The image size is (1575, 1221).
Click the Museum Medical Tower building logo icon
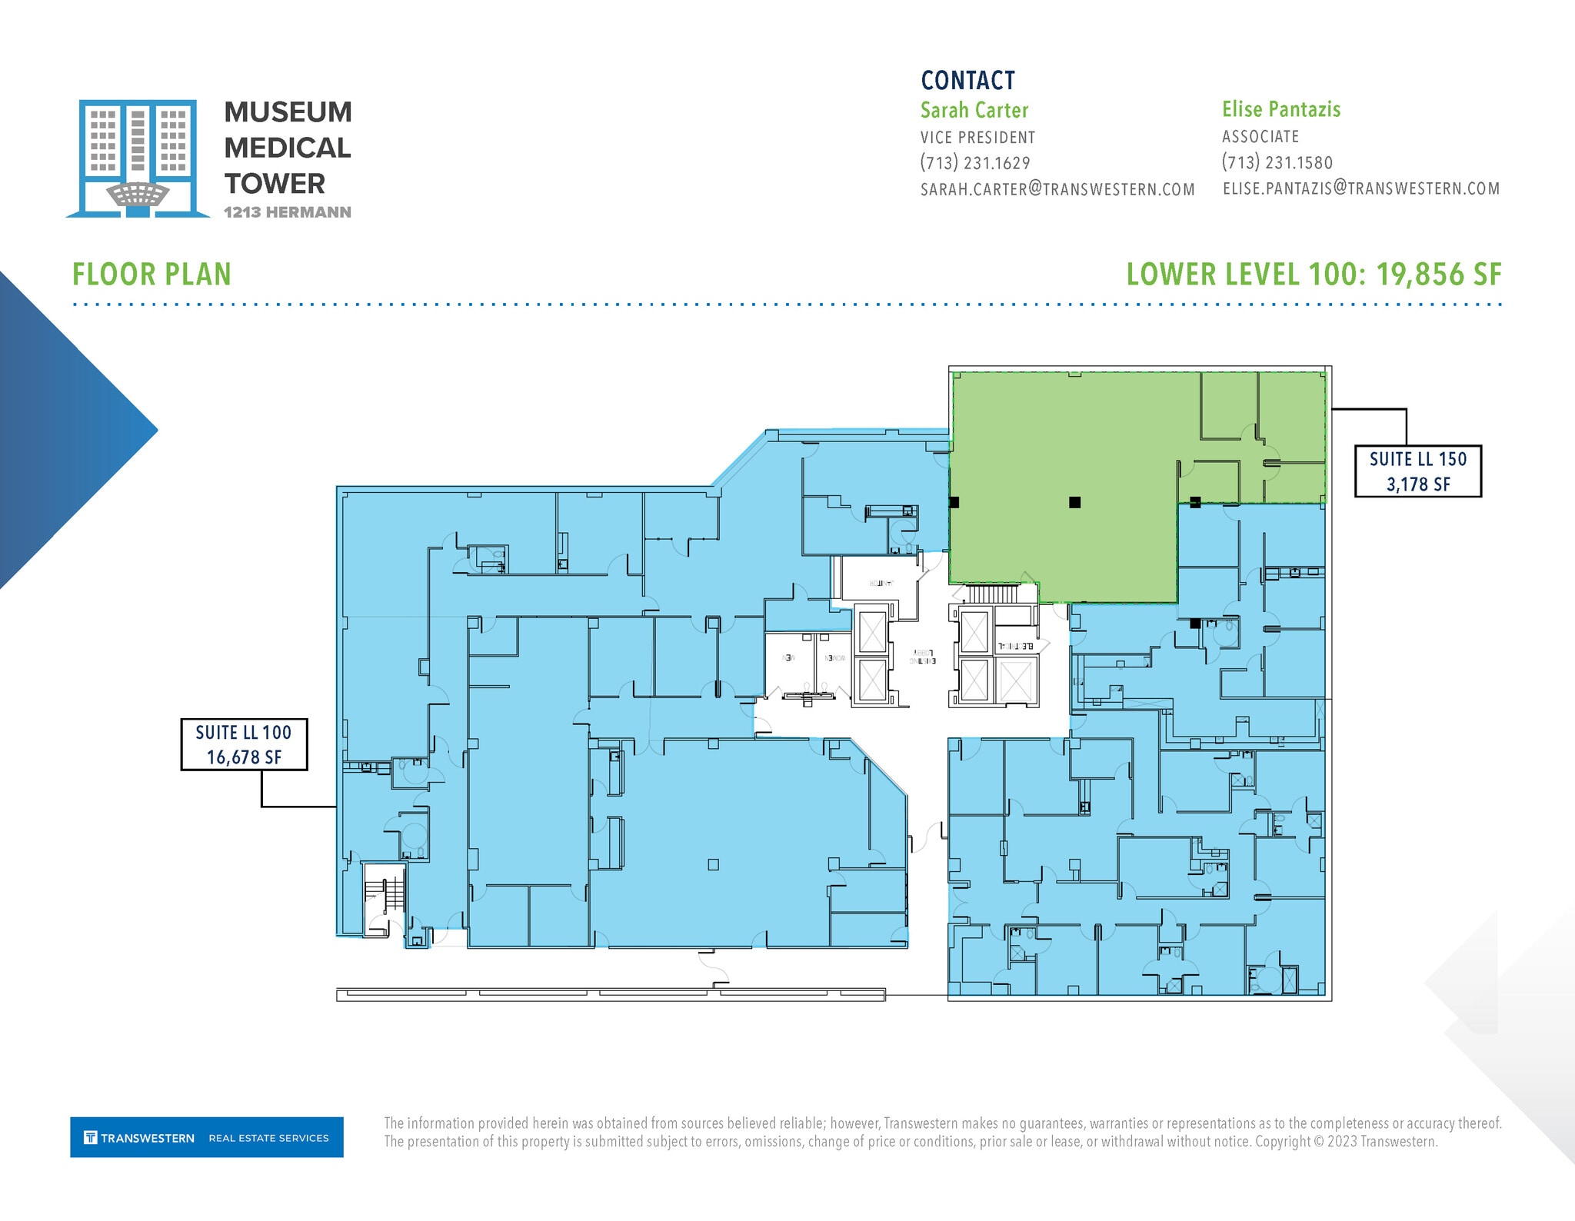138,158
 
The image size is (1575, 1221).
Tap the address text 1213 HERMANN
288,212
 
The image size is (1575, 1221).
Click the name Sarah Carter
974,111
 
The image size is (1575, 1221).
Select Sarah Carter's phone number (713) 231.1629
975,163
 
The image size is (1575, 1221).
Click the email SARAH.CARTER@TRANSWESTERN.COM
1057,189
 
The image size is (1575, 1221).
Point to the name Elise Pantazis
1281,110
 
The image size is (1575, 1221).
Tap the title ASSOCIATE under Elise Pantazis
1260,137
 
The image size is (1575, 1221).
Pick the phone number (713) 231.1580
1277,163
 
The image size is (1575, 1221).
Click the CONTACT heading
968,81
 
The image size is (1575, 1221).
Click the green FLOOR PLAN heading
152,275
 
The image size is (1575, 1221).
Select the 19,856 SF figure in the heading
1438,275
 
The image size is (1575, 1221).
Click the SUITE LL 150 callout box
1417,471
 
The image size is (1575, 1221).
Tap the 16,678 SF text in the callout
244,757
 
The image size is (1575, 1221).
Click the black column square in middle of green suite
1075,502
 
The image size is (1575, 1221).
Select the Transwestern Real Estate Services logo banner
207,1137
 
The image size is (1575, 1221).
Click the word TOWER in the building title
275,184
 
